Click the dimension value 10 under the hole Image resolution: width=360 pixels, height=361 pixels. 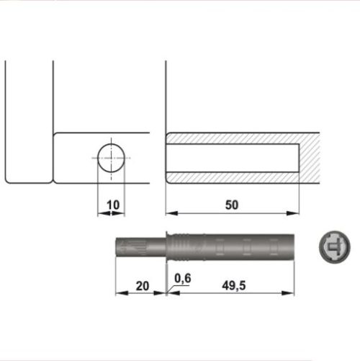pos(112,205)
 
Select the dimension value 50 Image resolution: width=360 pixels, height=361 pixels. pos(231,205)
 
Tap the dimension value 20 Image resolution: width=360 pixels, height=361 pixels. pos(141,286)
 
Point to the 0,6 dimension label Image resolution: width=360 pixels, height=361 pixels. pos(182,277)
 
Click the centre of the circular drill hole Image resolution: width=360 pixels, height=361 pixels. pos(112,156)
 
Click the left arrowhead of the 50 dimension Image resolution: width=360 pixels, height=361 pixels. pos(170,213)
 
